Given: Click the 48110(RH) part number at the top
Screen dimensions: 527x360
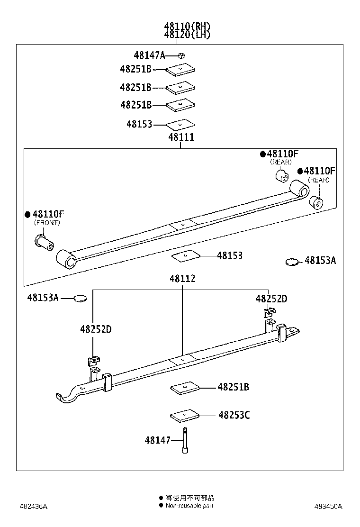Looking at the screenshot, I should pos(187,26).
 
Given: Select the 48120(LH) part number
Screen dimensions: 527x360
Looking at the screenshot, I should pos(187,35).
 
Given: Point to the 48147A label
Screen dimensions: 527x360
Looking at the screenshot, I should pos(149,55).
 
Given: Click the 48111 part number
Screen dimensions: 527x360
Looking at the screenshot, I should pos(180,137).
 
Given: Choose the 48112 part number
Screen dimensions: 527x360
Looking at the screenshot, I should pos(182,279).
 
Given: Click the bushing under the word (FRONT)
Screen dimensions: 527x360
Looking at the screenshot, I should pos(44,242).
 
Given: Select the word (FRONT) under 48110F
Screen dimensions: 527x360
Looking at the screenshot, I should pos(47,222).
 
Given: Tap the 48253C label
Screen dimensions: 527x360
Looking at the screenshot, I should pos(234,416).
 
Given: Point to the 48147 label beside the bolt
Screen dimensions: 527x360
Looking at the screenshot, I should pos(157,441).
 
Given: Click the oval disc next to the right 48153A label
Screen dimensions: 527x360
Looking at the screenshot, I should pos(292,261).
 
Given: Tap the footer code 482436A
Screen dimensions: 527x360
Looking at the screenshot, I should pos(33,506).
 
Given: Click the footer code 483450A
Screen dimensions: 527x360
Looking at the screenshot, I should pos(328,506).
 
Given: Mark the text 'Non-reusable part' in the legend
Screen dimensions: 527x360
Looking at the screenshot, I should pos(189,506).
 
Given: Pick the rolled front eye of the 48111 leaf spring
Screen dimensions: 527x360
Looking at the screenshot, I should pos(66,259).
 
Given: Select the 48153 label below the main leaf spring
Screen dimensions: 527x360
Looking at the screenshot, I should pos(230,256).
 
